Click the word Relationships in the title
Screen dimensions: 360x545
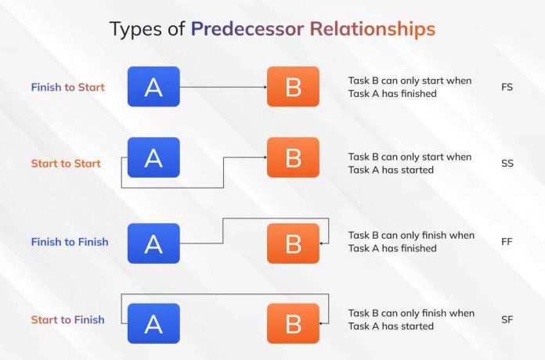point(372,30)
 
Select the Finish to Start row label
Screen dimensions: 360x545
point(67,87)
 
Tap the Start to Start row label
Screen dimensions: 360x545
point(66,164)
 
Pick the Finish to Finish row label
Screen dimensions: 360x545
point(70,242)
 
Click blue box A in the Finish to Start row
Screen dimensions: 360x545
point(153,87)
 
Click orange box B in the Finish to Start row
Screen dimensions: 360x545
point(293,87)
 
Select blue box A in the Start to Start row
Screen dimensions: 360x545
point(153,157)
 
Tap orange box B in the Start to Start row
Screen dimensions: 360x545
point(293,157)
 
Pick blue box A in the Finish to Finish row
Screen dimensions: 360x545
point(153,243)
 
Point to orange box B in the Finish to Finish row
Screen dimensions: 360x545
point(293,243)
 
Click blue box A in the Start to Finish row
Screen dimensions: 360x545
point(153,323)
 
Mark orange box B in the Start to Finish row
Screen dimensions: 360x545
point(293,323)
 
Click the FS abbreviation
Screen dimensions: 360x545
point(507,87)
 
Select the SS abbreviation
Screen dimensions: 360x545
point(507,164)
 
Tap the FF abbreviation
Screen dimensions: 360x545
point(507,242)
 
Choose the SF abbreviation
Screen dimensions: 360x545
point(507,319)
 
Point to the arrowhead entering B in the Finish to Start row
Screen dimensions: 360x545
point(263,87)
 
